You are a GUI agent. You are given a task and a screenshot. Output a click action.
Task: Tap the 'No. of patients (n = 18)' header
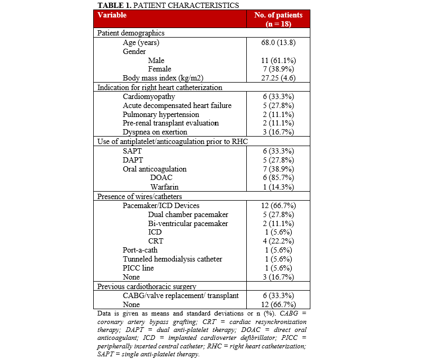pos(278,19)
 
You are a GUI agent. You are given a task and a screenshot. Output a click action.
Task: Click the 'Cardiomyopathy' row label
pos(149,97)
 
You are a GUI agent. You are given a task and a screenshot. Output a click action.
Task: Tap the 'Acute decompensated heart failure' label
pos(177,106)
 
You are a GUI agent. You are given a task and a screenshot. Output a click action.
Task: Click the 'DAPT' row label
pos(133,160)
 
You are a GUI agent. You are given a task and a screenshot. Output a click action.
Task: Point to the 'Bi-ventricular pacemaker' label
pos(188,223)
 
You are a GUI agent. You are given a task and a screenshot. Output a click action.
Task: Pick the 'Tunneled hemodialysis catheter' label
pos(172,259)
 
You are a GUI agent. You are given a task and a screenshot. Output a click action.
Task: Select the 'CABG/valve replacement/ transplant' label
pos(180,295)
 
